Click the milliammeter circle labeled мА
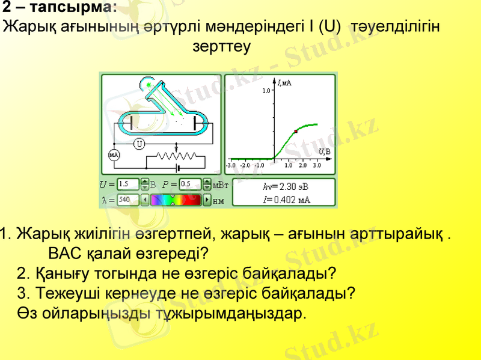(114, 155)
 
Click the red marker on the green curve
(296, 131)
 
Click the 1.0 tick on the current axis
(266, 91)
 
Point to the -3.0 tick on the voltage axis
(230, 164)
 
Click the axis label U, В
(324, 151)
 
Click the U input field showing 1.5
(128, 184)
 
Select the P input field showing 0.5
(190, 184)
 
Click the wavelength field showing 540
(128, 199)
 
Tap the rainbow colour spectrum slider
(175, 199)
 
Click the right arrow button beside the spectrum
(207, 199)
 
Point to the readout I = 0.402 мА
(287, 199)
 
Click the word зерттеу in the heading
(221, 46)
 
